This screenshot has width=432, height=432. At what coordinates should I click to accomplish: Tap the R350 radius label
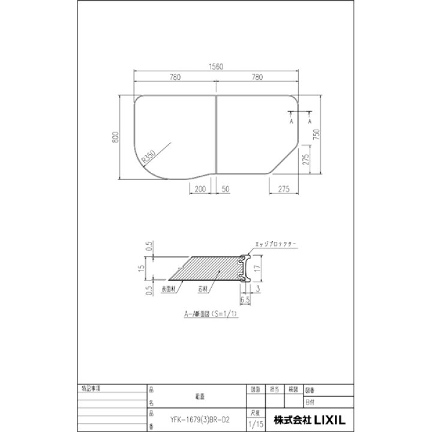(148, 157)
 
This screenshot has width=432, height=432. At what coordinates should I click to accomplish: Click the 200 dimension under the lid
(200, 189)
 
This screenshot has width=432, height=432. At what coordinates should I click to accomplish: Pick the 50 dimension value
(225, 189)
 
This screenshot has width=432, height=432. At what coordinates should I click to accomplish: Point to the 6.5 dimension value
(244, 298)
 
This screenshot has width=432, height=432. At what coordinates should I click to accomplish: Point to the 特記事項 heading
(92, 389)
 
